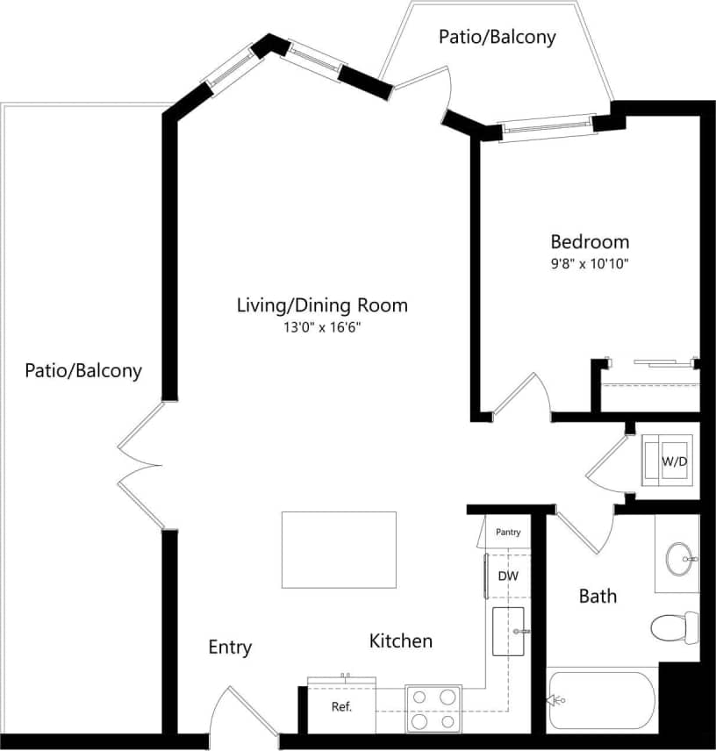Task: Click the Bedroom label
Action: click(x=590, y=241)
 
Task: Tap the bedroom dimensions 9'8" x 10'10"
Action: click(x=590, y=262)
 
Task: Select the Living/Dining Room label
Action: click(x=322, y=305)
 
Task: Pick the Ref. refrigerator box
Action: click(x=340, y=707)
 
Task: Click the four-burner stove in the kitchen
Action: click(x=433, y=708)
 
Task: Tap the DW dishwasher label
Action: click(x=508, y=576)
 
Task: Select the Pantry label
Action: click(x=508, y=532)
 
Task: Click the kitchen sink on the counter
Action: click(x=508, y=631)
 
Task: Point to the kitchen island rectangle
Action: click(x=339, y=549)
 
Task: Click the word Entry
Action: click(x=230, y=647)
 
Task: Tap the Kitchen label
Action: click(x=400, y=641)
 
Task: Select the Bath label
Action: click(x=598, y=597)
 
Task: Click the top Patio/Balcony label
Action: click(x=497, y=37)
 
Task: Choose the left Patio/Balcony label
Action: click(x=82, y=370)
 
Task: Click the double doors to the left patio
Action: click(x=140, y=466)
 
